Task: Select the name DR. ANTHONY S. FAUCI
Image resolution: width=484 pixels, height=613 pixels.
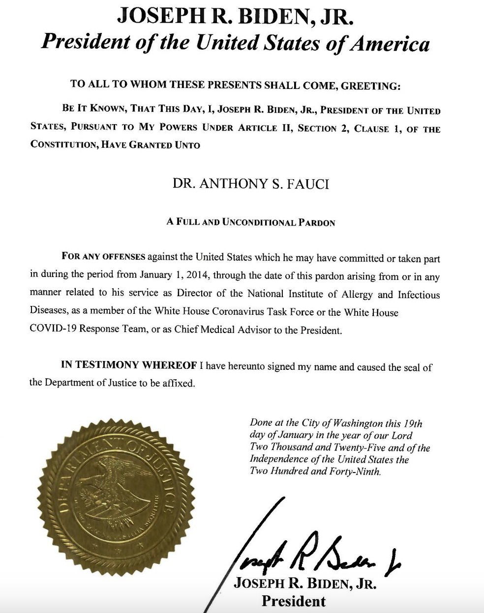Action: [x=251, y=184]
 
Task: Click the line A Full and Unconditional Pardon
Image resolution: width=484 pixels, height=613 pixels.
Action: [x=251, y=222]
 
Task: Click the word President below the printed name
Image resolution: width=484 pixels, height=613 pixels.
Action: [x=293, y=601]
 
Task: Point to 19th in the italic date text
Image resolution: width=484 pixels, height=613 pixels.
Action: [x=413, y=423]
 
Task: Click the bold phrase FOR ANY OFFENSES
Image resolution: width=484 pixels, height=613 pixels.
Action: [x=103, y=257]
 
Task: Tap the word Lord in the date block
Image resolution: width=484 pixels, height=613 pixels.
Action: [x=401, y=435]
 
